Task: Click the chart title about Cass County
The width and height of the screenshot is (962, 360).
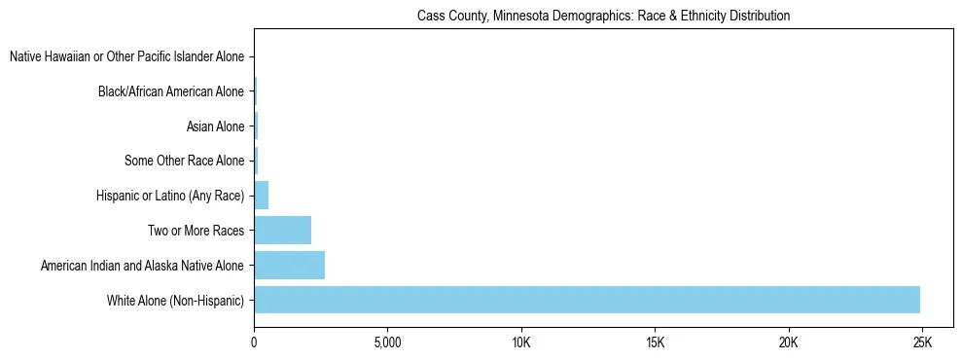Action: (x=603, y=17)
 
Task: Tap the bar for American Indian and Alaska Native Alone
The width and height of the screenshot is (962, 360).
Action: (x=289, y=265)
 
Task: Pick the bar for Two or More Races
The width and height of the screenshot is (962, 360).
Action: (x=282, y=231)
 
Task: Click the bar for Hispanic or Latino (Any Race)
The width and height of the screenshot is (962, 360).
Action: (x=261, y=196)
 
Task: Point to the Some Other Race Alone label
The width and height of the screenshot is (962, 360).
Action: (x=185, y=161)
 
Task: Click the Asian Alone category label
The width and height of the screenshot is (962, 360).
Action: (x=215, y=126)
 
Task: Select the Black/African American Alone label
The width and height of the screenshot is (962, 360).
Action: (x=171, y=92)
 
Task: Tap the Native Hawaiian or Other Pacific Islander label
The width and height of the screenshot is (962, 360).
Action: (x=126, y=57)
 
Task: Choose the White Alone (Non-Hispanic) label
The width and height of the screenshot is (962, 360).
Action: (x=176, y=300)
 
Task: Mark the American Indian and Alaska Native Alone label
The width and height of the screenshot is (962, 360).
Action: (x=143, y=265)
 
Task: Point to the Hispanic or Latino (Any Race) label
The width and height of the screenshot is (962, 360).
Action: (x=170, y=196)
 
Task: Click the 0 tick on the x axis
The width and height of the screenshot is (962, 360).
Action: (x=254, y=343)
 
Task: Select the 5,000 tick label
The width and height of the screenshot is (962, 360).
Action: (x=387, y=343)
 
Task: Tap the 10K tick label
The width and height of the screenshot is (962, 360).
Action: (x=520, y=343)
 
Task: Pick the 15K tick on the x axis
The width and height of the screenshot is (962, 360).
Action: (x=655, y=343)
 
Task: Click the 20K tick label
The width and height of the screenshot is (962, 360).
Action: (x=788, y=343)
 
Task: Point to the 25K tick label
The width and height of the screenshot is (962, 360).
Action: (x=922, y=343)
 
